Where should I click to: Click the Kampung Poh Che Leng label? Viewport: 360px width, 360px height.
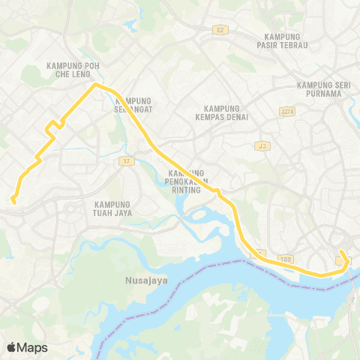click(x=73, y=70)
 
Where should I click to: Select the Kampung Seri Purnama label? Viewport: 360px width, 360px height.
click(x=325, y=89)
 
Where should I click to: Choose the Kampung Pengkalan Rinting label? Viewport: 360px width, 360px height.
click(x=184, y=181)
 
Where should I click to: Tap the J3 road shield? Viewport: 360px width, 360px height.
click(x=261, y=145)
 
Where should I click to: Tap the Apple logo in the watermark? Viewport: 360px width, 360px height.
click(x=12, y=347)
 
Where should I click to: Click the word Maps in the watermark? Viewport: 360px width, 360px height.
click(x=33, y=347)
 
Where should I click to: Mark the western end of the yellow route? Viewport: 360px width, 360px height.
click(x=13, y=199)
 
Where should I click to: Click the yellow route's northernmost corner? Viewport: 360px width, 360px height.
click(x=95, y=85)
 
